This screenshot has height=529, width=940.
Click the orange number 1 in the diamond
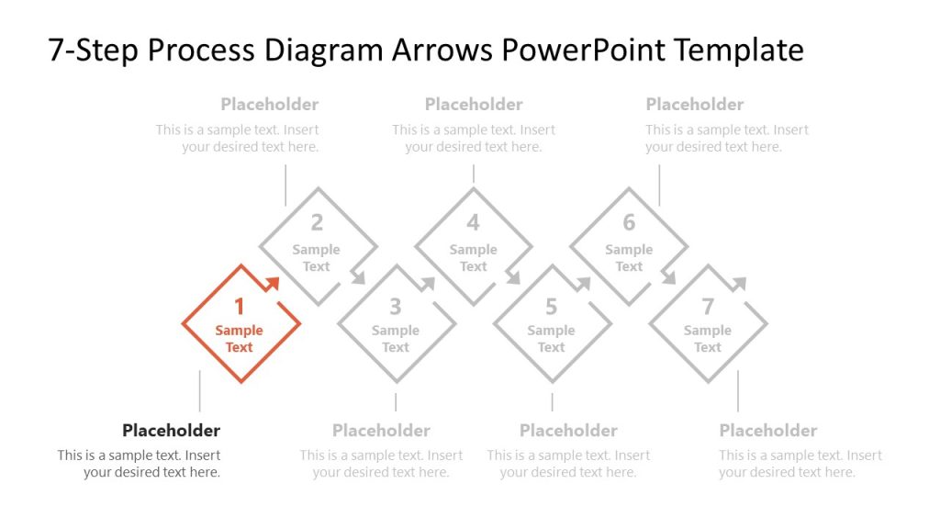[x=240, y=307]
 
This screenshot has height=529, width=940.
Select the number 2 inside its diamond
[x=317, y=222]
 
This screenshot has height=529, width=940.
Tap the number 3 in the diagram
[x=396, y=307]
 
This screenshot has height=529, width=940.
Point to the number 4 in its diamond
[x=474, y=222]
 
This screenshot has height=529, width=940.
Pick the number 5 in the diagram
[x=552, y=307]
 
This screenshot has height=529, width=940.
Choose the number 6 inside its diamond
[x=629, y=222]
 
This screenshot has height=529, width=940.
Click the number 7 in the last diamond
[x=708, y=307]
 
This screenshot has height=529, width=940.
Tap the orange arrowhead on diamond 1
[x=273, y=283]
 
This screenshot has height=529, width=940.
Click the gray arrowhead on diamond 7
[x=740, y=283]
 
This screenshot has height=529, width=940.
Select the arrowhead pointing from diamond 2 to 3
[x=358, y=277]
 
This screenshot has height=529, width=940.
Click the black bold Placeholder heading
[x=171, y=431]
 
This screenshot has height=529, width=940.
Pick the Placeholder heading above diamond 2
[x=270, y=105]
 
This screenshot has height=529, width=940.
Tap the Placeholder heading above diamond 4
[x=474, y=105]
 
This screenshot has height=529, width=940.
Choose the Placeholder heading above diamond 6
[x=695, y=105]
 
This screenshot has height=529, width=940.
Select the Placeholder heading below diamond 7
[x=768, y=431]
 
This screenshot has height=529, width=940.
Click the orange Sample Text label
[x=240, y=339]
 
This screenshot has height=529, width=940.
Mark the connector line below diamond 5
[x=552, y=402]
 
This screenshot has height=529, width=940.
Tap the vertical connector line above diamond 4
[x=474, y=174]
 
